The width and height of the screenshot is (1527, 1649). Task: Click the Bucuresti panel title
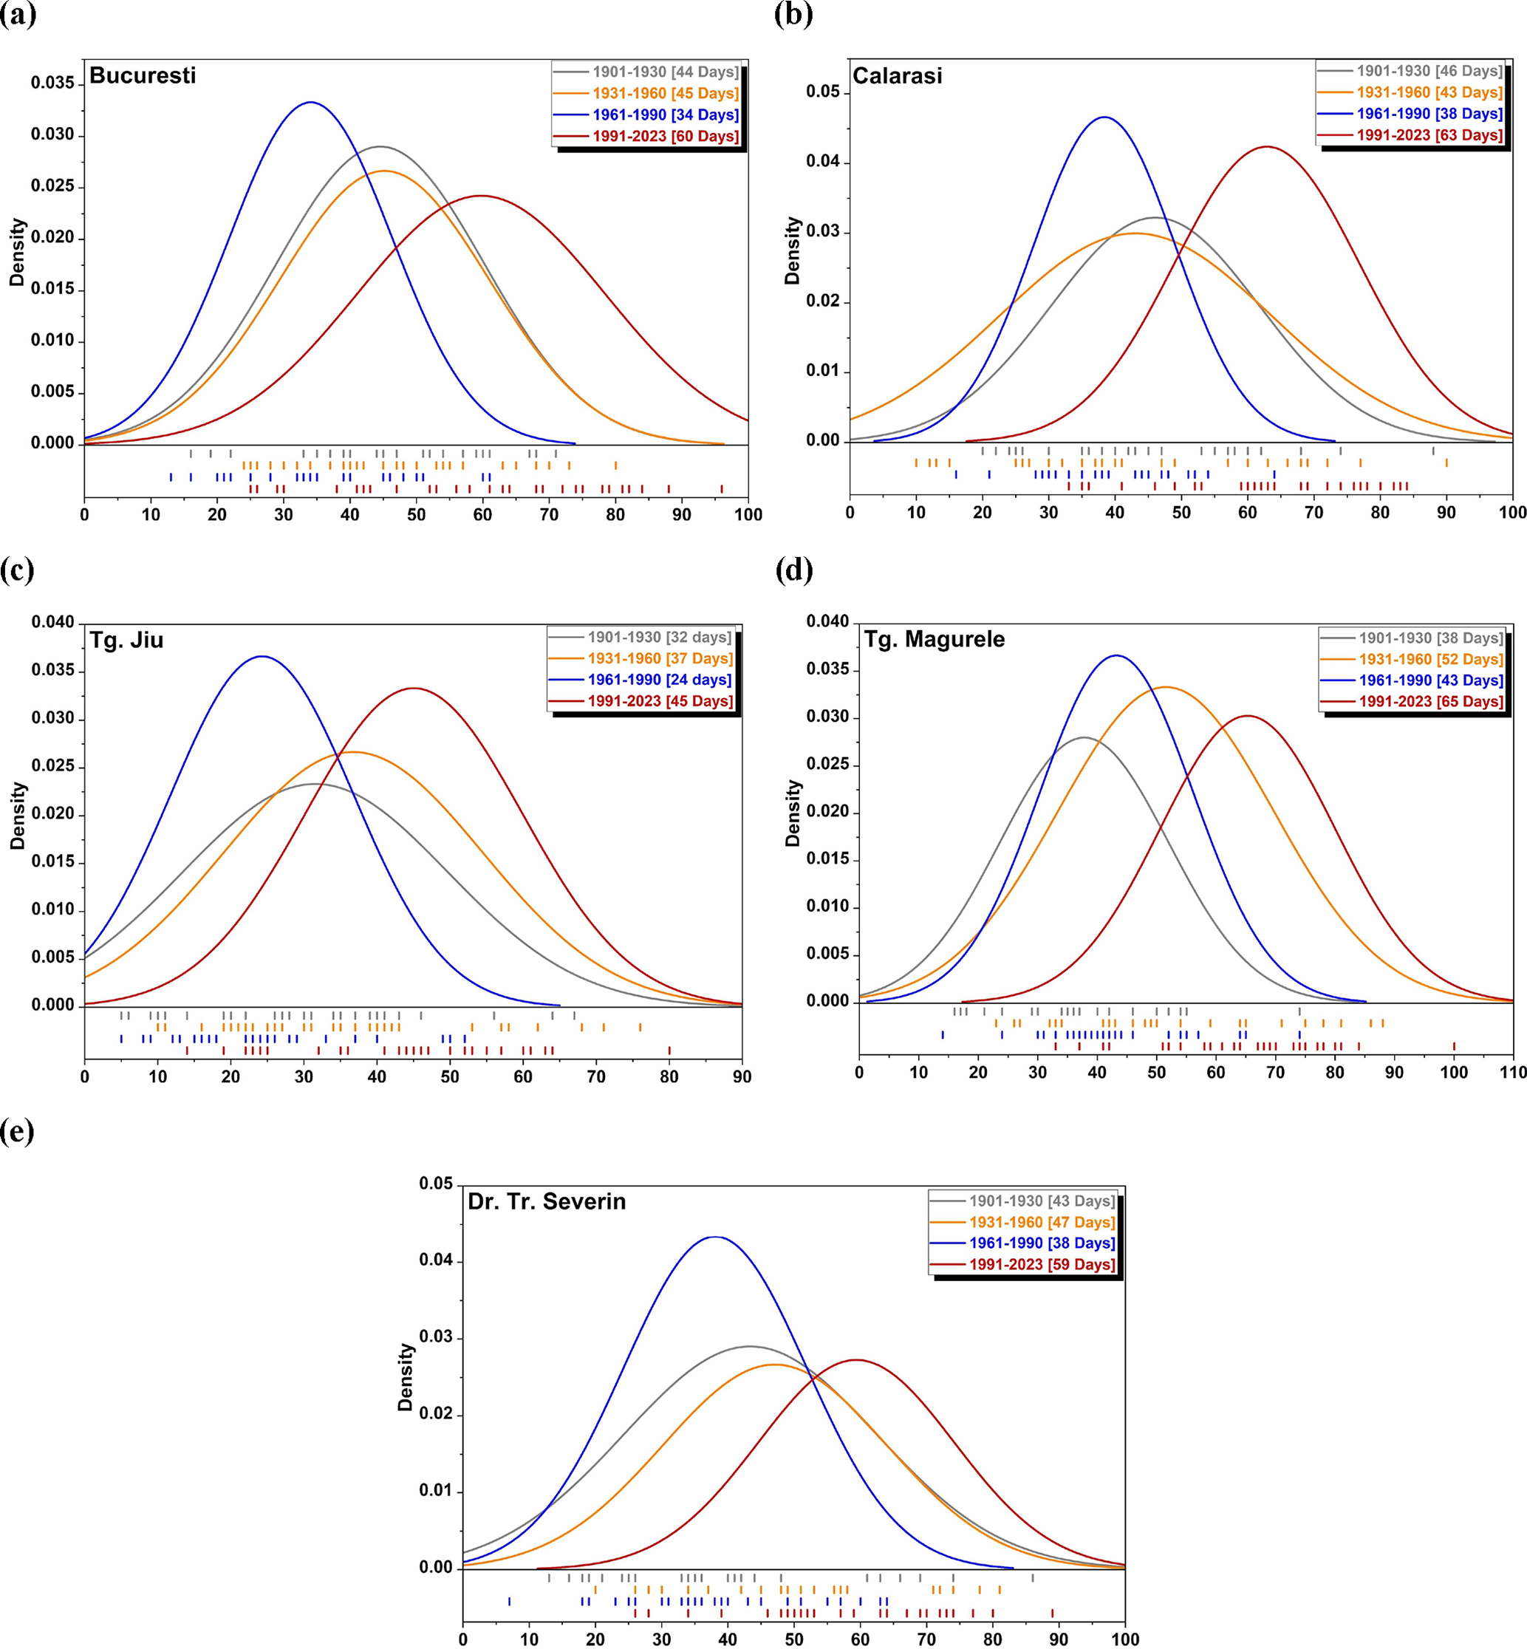[x=142, y=76]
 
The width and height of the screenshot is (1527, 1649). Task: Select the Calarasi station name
[x=897, y=76]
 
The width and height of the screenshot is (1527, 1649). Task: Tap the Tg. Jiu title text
[x=126, y=641]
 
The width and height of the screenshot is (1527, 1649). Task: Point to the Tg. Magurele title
[x=934, y=640]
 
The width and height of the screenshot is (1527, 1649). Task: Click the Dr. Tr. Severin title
[x=546, y=1201]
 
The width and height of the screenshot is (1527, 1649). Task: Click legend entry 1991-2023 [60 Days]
[x=665, y=137]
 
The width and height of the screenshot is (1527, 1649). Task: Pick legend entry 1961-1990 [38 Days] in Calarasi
[x=1429, y=114]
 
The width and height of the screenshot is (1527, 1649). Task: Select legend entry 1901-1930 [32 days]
[x=658, y=637]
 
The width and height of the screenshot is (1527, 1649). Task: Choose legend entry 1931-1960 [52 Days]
[x=1430, y=659]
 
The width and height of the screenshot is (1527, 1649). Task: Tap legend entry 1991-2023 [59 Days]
[x=1041, y=1264]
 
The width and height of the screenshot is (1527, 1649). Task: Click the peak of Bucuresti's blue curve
[x=310, y=103]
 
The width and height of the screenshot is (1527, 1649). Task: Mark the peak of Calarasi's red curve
[x=1266, y=147]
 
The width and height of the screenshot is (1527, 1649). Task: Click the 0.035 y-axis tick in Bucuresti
[x=53, y=83]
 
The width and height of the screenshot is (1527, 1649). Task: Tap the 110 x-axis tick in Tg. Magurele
[x=1513, y=1072]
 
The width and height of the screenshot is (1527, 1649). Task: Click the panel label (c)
[x=17, y=570]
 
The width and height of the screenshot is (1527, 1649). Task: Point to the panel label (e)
[x=17, y=1131]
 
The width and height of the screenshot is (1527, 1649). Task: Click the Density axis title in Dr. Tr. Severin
[x=405, y=1376]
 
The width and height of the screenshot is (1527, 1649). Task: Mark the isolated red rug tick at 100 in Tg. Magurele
[x=1455, y=1046]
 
